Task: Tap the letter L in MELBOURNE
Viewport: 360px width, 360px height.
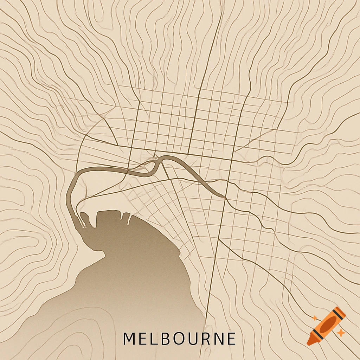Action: coord(153,339)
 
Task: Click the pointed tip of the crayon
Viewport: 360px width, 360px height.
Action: coord(308,343)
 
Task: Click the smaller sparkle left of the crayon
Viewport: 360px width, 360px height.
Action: coord(315,318)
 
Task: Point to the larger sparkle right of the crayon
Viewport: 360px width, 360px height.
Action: coord(340,333)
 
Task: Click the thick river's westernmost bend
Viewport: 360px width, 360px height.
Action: coord(69,193)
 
